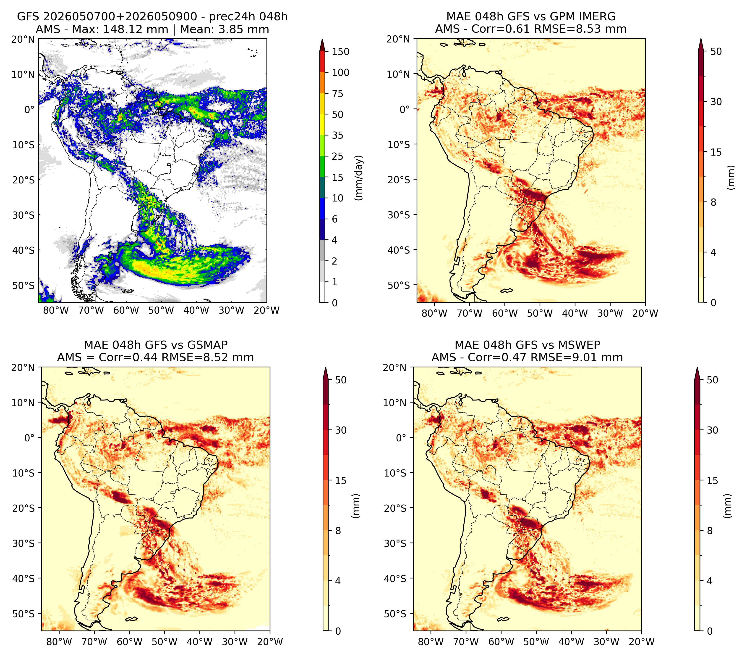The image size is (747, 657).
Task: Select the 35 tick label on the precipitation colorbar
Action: (x=338, y=135)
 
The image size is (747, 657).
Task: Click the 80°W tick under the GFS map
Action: (x=56, y=311)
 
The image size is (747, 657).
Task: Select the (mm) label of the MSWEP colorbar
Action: (x=728, y=506)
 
